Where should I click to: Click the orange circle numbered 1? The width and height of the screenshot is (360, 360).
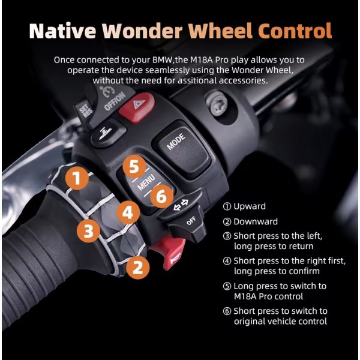[x=77, y=178]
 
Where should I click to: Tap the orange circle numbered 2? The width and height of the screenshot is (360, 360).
[x=138, y=267]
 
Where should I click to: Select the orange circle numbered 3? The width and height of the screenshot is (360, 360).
[x=88, y=231]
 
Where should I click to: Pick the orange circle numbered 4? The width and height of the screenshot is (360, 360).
[x=128, y=212]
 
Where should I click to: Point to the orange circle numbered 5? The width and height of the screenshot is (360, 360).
[x=134, y=166]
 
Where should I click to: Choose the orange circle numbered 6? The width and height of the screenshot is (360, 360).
[x=161, y=196]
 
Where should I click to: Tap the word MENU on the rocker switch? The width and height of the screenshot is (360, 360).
[x=146, y=183]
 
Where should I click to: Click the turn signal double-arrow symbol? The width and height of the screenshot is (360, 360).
[x=181, y=205]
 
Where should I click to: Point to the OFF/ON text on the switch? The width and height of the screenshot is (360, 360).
[x=115, y=101]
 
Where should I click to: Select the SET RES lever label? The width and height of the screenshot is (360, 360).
[x=85, y=110]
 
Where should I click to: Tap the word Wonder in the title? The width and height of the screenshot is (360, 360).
[x=142, y=31]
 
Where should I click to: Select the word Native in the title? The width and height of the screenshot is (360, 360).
[x=62, y=31]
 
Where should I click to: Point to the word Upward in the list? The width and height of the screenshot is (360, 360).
[x=250, y=206]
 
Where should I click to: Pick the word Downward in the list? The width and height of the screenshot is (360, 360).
[x=256, y=221]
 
